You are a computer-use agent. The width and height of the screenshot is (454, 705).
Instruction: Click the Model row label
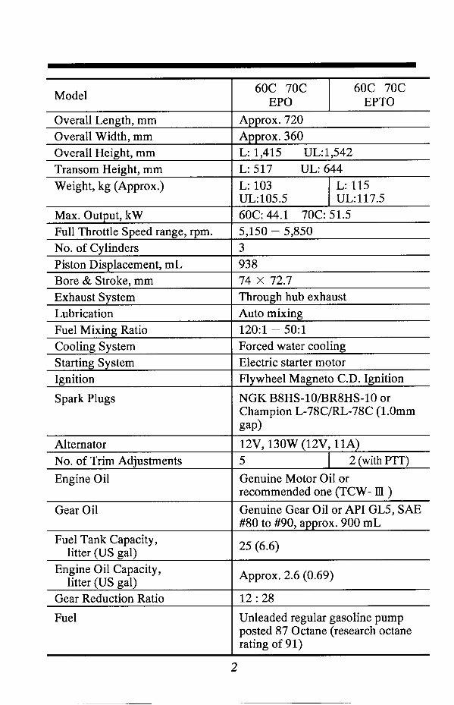(70, 96)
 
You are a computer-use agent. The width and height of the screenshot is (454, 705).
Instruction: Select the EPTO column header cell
(379, 95)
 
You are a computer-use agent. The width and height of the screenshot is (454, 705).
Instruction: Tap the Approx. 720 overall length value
(271, 120)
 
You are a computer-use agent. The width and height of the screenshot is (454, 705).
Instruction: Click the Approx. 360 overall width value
(271, 137)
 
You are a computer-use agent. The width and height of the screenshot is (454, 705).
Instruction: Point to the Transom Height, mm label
(108, 170)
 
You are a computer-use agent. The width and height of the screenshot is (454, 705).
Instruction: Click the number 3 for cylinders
(242, 248)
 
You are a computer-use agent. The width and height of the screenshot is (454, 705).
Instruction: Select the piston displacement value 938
(248, 265)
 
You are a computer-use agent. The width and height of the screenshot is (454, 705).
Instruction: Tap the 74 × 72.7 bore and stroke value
(267, 281)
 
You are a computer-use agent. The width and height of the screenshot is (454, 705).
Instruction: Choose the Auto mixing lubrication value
(271, 313)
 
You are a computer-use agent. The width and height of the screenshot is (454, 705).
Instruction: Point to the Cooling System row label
(95, 347)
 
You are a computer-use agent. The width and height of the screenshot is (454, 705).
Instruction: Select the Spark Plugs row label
(85, 398)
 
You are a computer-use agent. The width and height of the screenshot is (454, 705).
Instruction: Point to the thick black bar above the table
(231, 66)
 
